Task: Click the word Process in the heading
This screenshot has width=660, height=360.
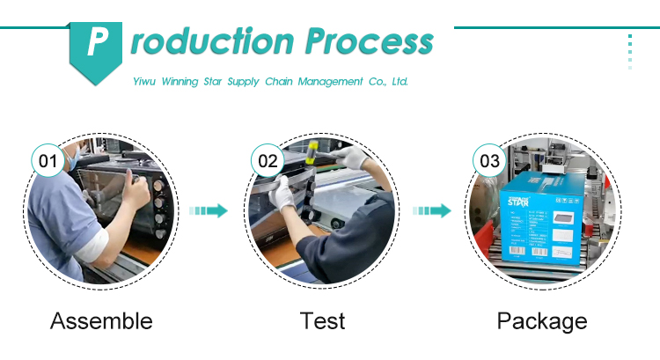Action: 369,41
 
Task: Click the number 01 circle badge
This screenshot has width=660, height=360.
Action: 48,160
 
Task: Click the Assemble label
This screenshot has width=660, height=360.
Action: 101,321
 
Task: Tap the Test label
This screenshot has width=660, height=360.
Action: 322,321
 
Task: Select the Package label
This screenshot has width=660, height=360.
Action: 542,321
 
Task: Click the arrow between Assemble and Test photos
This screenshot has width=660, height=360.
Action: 209,210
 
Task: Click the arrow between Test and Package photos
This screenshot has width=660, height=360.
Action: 432,210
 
